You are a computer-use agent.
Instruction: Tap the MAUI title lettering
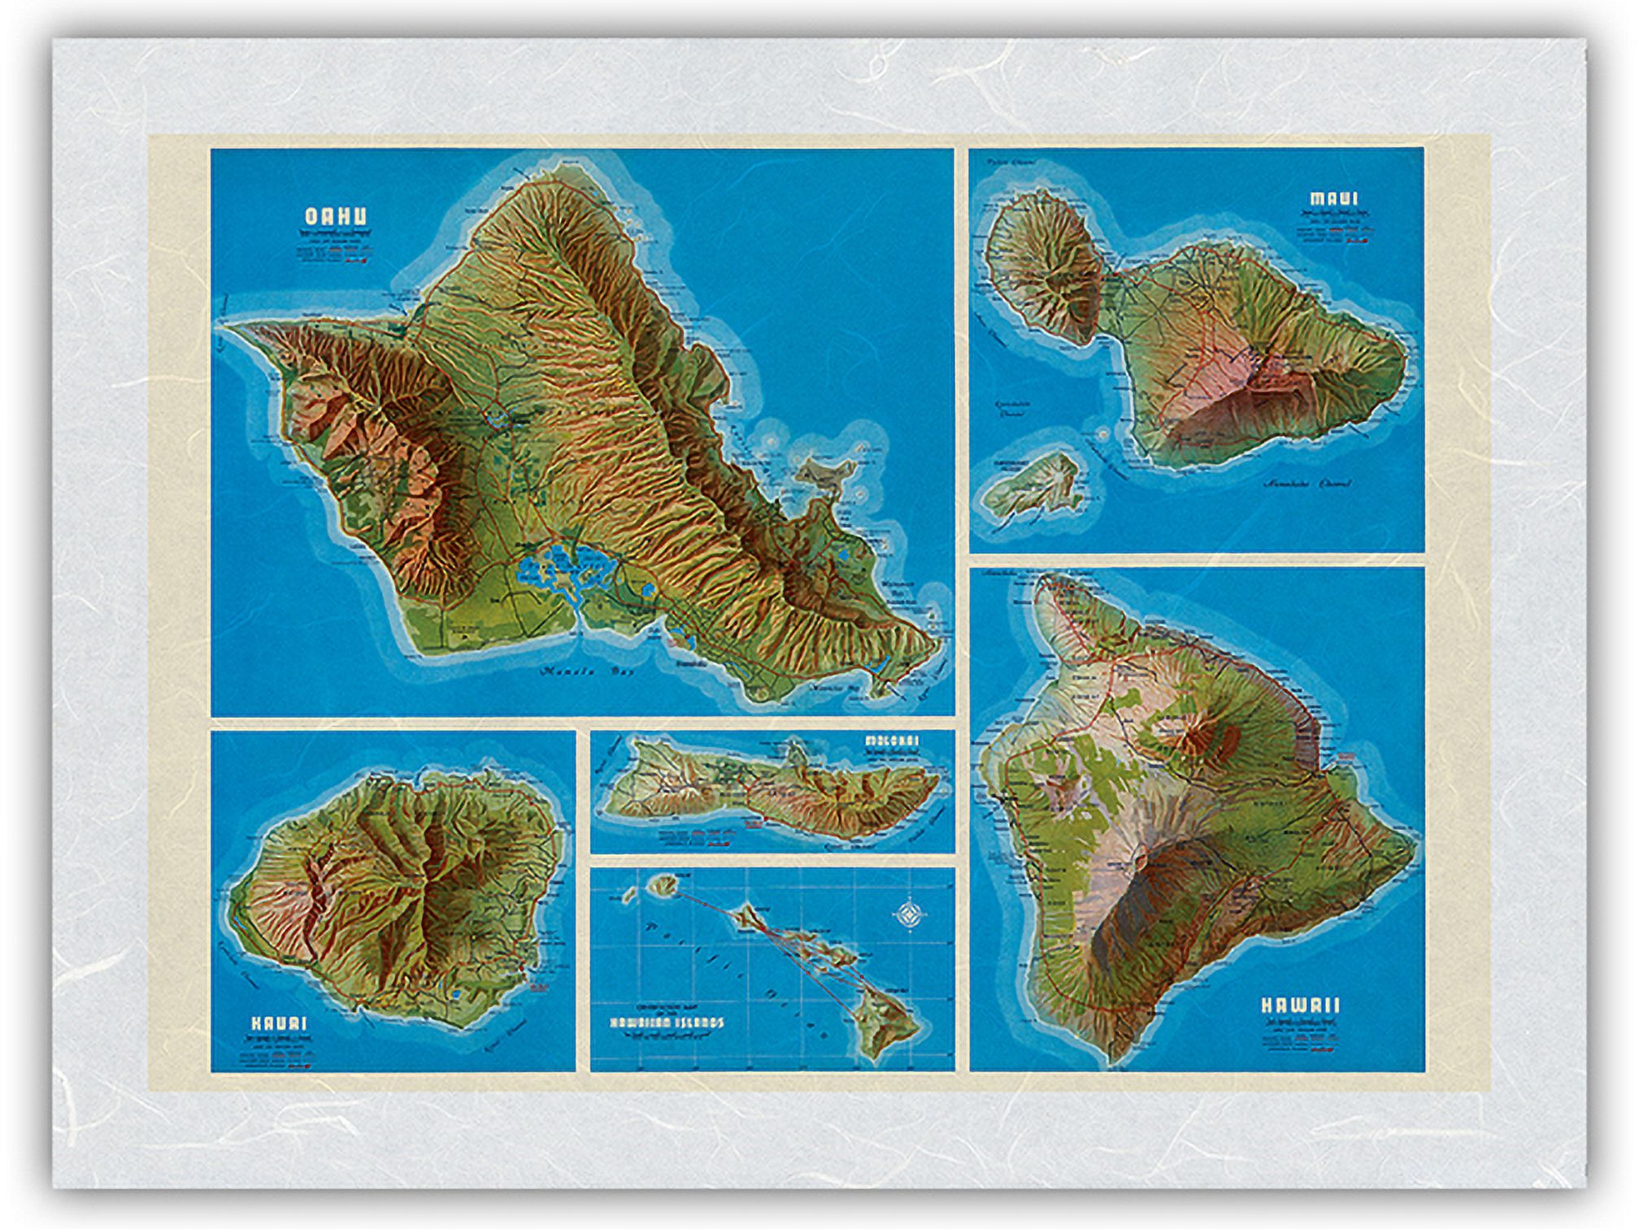click(1333, 198)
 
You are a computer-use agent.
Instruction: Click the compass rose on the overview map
click(907, 915)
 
